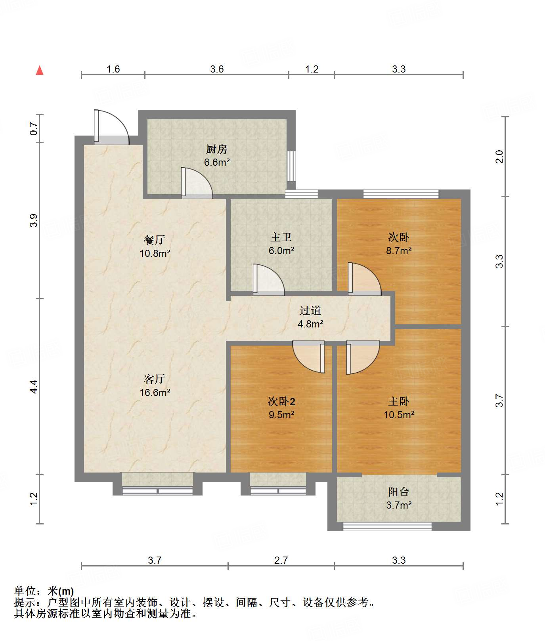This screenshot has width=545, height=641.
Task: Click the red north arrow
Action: pos(40,70)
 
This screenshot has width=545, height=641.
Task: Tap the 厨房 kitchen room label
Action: pos(216,149)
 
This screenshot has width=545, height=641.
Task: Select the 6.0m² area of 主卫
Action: pos(281,251)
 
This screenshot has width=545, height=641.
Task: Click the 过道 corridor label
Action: pos(310,310)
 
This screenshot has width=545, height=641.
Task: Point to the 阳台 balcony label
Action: pos(398,492)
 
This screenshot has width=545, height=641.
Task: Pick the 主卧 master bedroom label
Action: pos(398,402)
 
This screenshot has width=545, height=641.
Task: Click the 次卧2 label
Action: pos(281,402)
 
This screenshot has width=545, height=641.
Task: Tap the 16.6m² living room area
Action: pos(155,392)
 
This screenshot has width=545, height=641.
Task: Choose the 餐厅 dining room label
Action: pos(155,240)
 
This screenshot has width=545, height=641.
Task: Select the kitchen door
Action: pos(197,183)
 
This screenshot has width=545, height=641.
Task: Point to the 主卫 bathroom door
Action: pos(268,279)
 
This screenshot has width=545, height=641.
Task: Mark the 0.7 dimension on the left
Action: pos(34,128)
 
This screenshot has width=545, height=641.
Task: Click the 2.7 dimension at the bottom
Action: pos(281,560)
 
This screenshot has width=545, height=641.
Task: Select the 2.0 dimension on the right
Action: pos(499,157)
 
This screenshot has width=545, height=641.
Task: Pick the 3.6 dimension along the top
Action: pos(217,69)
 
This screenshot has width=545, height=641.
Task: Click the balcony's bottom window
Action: pos(387,527)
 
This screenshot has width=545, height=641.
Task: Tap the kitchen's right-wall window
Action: pos(291,166)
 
